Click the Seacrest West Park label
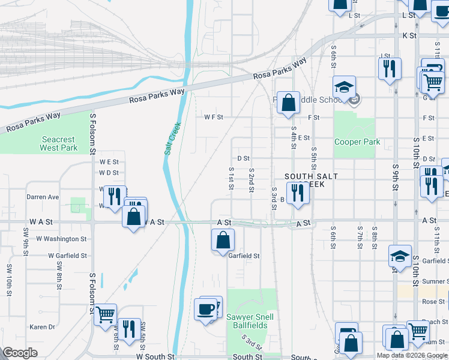pyautogui.click(x=59, y=143)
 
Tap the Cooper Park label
pyautogui.click(x=357, y=142)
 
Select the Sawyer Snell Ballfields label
pyautogui.click(x=250, y=321)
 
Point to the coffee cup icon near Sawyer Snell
pyautogui.click(x=205, y=308)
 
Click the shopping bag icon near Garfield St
pyautogui.click(x=222, y=241)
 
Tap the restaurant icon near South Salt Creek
pyautogui.click(x=297, y=193)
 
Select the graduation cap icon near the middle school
pyautogui.click(x=345, y=88)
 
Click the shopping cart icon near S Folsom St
pyautogui.click(x=105, y=314)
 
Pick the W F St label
pyautogui.click(x=213, y=117)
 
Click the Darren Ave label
pyautogui.click(x=43, y=196)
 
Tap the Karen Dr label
pyautogui.click(x=43, y=327)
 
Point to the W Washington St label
pyautogui.click(x=62, y=239)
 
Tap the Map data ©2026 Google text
pyautogui.click(x=411, y=355)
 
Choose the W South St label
pyautogui.click(x=155, y=356)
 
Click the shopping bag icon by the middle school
pyautogui.click(x=289, y=101)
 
